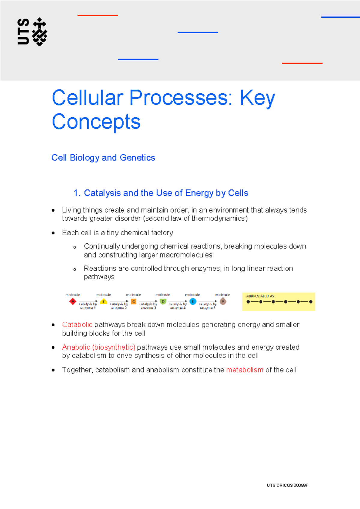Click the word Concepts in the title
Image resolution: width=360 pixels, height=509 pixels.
coord(96,122)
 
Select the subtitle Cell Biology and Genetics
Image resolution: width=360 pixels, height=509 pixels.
coord(103,158)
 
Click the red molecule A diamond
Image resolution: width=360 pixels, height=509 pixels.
coord(73,301)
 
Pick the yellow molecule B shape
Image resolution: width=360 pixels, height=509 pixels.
coord(103,301)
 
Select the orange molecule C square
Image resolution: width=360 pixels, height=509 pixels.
coord(134,301)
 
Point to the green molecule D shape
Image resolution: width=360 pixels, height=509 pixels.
coord(163,301)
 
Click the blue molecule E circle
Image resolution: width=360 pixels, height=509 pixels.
coord(193,301)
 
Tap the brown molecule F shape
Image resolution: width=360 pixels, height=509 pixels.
coord(223,301)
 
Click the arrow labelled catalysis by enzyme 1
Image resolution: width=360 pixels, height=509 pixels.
coord(88,301)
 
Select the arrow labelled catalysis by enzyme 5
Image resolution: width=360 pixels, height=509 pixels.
coord(208,301)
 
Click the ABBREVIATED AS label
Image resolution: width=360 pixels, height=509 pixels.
coord(260,296)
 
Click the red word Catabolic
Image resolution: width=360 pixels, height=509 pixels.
coord(77,325)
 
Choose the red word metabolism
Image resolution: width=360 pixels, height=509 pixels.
coord(244,370)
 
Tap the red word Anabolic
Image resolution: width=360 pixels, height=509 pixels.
coord(76,347)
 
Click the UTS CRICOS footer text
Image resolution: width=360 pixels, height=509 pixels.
coord(287,485)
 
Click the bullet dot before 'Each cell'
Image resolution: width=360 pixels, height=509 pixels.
coord(53,233)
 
